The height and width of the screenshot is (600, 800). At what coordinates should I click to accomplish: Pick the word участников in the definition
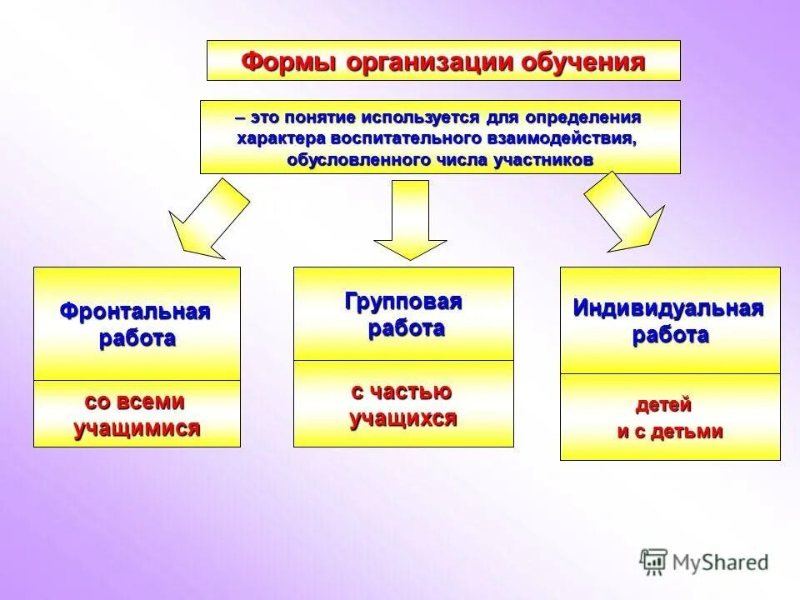pos(551,160)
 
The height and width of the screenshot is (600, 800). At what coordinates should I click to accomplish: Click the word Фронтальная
pos(135,312)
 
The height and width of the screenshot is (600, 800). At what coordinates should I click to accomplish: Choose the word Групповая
pos(403,302)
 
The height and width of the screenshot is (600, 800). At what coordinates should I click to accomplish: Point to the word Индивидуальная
pos(668,308)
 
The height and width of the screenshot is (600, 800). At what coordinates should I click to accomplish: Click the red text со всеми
pos(135,402)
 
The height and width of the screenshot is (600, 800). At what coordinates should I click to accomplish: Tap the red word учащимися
pos(137,429)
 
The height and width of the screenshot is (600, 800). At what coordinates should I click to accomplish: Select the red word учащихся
pos(403,418)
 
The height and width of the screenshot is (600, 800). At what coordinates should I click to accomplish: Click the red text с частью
pos(402,392)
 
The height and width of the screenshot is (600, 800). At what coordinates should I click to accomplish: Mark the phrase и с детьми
pos(669,432)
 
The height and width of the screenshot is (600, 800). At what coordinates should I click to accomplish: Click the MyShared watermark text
pos(721,562)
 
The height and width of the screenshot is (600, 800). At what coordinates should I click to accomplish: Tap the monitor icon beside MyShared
pos(654,561)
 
